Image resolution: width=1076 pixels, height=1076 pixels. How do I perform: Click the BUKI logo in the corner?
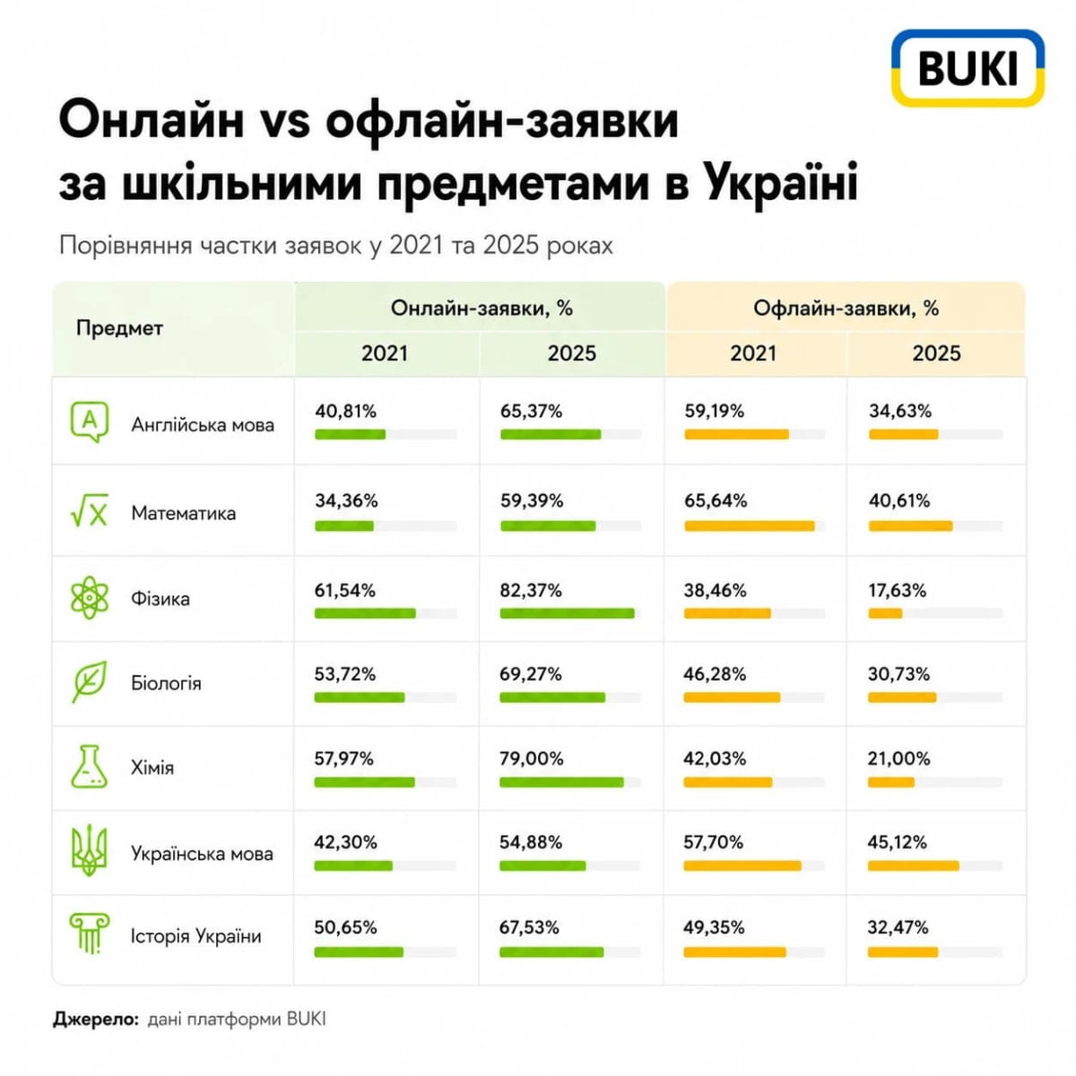(967, 67)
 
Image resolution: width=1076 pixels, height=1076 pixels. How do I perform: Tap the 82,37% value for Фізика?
(530, 590)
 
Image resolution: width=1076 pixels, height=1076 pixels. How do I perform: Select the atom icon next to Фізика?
(90, 598)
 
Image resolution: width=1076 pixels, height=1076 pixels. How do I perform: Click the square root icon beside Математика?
(90, 510)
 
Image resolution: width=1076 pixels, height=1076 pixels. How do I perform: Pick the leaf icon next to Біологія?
(90, 681)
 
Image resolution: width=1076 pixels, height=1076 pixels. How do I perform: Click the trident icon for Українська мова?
(89, 852)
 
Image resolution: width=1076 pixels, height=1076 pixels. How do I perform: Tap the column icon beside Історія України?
(90, 933)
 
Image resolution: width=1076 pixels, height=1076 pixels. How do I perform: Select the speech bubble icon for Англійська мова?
(90, 422)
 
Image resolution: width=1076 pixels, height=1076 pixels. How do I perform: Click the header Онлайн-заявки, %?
(482, 308)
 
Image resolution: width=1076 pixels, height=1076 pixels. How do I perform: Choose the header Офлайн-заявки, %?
(846, 308)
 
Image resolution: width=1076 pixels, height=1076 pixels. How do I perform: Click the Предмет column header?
(119, 328)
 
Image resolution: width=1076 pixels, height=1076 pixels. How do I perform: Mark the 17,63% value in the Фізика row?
(897, 590)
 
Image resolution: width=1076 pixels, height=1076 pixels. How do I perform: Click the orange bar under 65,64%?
(750, 526)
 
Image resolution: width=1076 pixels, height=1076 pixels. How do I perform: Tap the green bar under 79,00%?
(561, 782)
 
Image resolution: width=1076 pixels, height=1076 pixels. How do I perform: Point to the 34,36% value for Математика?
(346, 500)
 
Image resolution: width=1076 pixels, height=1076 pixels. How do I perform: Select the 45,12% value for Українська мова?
(897, 842)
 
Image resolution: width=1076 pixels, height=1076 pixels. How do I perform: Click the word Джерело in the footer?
(96, 1019)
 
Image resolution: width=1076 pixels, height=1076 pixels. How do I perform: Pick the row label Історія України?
(196, 935)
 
